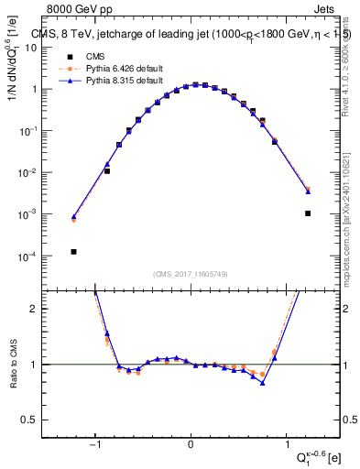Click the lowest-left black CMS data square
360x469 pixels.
[73, 251]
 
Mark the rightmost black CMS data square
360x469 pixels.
[308, 213]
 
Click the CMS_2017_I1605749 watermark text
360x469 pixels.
[191, 274]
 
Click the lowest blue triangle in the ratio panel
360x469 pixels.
[263, 383]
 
